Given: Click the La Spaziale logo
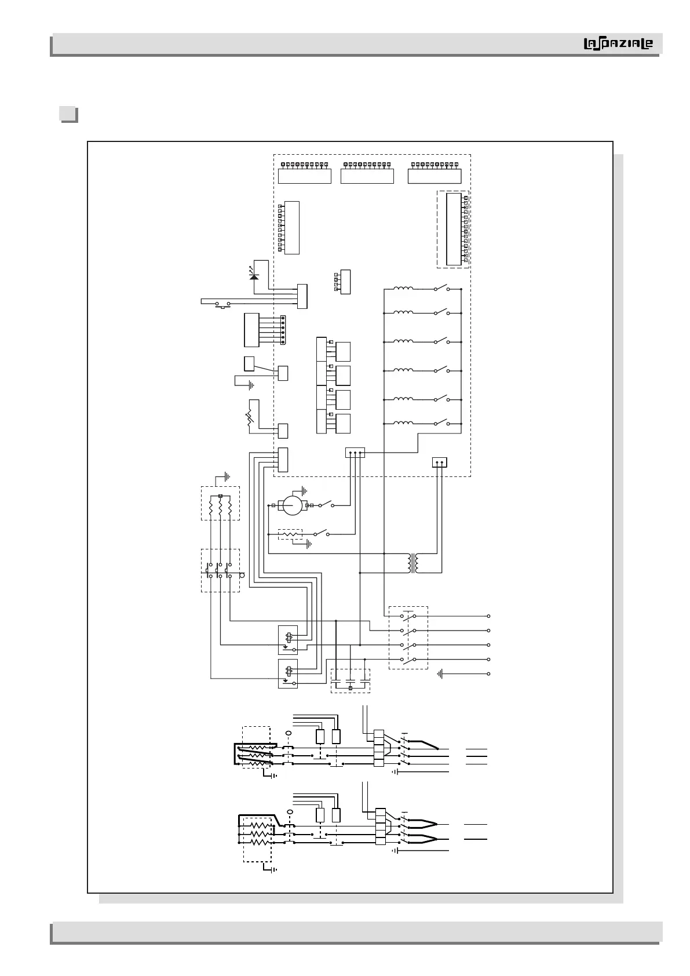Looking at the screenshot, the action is (x=618, y=43).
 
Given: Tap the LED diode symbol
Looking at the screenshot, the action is (x=254, y=275).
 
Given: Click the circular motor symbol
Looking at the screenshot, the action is (x=293, y=505).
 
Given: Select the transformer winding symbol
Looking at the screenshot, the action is (x=414, y=563).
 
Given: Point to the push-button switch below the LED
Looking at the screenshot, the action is (x=222, y=304).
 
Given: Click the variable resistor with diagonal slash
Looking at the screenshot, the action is (x=250, y=417).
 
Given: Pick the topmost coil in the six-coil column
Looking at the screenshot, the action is (x=403, y=288).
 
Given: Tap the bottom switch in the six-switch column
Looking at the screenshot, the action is (x=441, y=422).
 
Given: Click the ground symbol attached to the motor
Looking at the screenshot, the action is (x=304, y=491).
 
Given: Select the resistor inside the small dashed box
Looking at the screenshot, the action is (x=290, y=534).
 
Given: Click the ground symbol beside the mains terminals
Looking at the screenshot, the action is (x=440, y=674).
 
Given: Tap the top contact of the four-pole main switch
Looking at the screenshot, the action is (x=408, y=616).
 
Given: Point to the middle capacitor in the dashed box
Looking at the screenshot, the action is (x=351, y=680).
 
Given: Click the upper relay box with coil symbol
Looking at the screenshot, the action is (x=288, y=640).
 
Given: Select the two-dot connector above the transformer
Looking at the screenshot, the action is (x=440, y=462).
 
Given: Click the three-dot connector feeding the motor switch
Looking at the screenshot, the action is (x=355, y=453).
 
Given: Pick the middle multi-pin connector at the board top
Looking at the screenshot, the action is (x=367, y=173).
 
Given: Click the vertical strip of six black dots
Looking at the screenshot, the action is (x=283, y=330).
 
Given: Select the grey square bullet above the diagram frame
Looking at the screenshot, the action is (x=68, y=115).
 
